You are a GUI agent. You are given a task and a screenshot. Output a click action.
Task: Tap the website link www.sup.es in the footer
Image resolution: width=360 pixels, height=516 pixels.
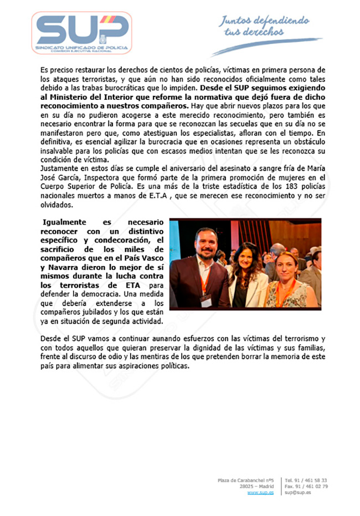[x=260, y=492]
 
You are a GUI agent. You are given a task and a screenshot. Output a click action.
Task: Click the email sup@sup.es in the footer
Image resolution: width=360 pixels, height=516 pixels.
[x=297, y=492]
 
